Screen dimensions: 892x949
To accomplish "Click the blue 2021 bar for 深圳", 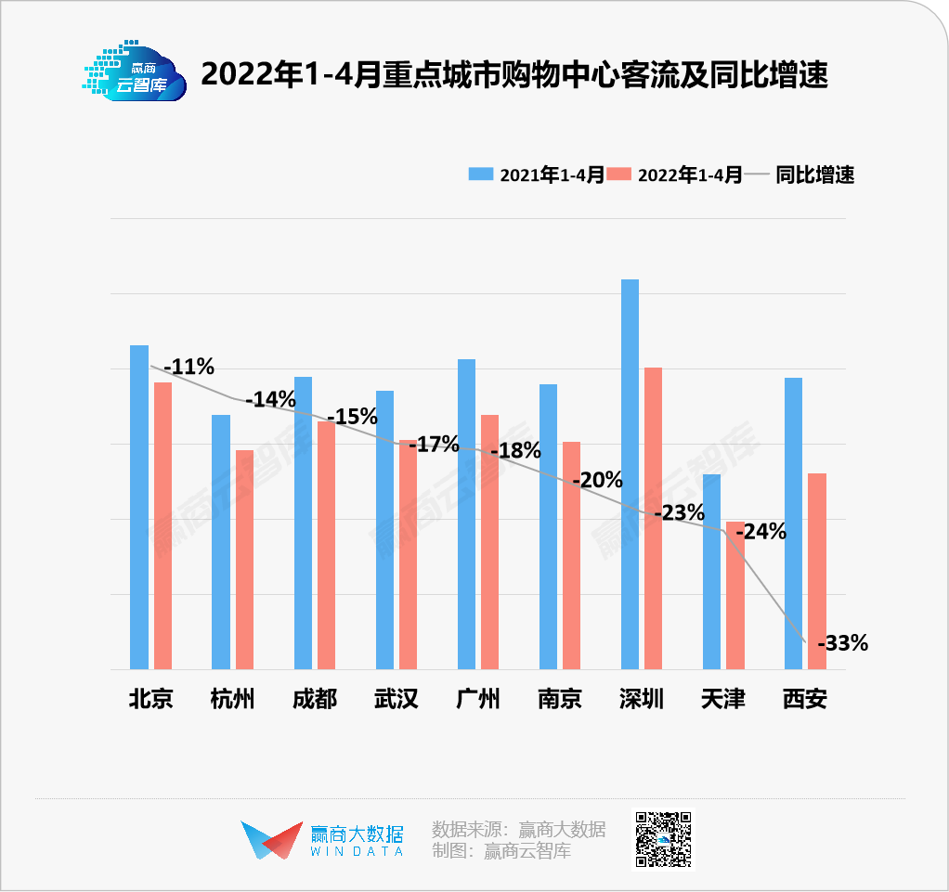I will (630, 473).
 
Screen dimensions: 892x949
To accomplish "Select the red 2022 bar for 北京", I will (162, 524).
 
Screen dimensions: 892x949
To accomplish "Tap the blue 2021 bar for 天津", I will (711, 571).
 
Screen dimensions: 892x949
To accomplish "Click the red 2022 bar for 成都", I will (326, 545).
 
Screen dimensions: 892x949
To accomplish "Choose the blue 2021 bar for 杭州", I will (221, 541).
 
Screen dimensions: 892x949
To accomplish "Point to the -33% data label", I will (842, 642).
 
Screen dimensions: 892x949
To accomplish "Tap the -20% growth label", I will (597, 480).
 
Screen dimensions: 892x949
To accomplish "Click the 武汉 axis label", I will (396, 699).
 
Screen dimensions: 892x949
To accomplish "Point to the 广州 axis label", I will (478, 699).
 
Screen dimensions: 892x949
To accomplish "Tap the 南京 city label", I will (560, 699).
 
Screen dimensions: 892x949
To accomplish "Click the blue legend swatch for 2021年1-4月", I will (481, 175).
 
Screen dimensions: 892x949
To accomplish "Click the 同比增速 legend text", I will (814, 175).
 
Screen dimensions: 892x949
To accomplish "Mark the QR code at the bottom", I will (663, 840).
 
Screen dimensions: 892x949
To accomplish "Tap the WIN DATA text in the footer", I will (357, 851).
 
